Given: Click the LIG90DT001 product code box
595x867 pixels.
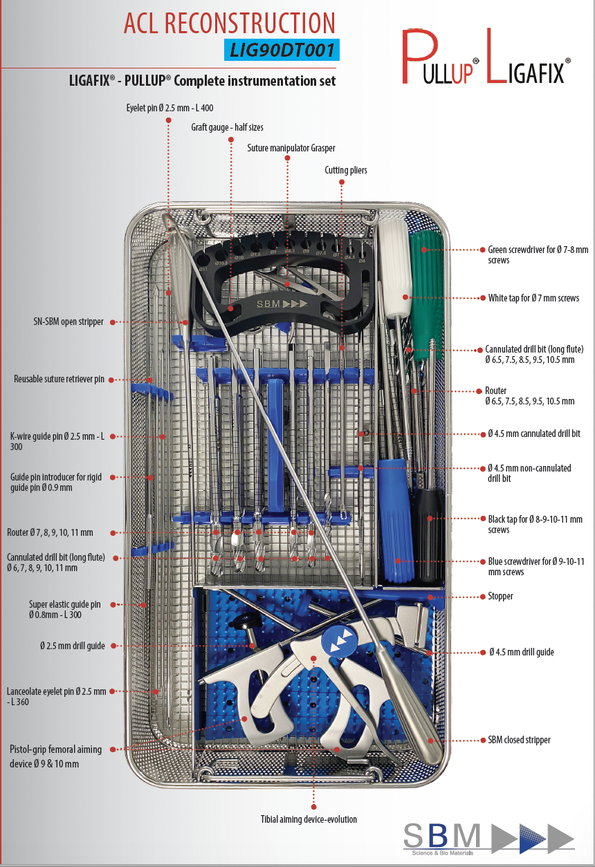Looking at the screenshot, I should tap(282, 50).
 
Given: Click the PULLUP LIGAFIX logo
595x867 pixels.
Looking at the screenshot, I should tap(486, 58).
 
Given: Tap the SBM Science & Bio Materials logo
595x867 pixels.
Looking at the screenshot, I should tap(488, 836).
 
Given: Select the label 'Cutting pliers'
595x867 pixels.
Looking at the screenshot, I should tap(346, 170).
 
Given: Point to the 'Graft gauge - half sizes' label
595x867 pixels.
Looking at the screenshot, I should tap(227, 127).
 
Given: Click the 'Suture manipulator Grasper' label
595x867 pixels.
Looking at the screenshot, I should tap(291, 148).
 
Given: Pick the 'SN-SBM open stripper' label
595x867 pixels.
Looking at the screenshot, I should tap(68, 321).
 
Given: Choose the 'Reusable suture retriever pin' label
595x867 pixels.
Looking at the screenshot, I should tap(59, 379).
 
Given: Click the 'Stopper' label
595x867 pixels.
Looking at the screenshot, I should tap(501, 596).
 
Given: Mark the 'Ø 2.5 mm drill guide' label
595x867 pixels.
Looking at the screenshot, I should tap(73, 646).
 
